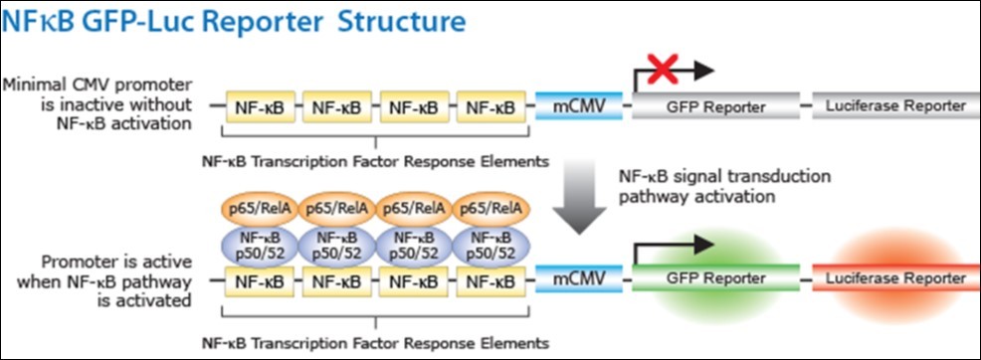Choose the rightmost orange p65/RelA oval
pyautogui.click(x=490, y=208)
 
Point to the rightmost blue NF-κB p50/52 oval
pyautogui.click(x=490, y=243)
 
